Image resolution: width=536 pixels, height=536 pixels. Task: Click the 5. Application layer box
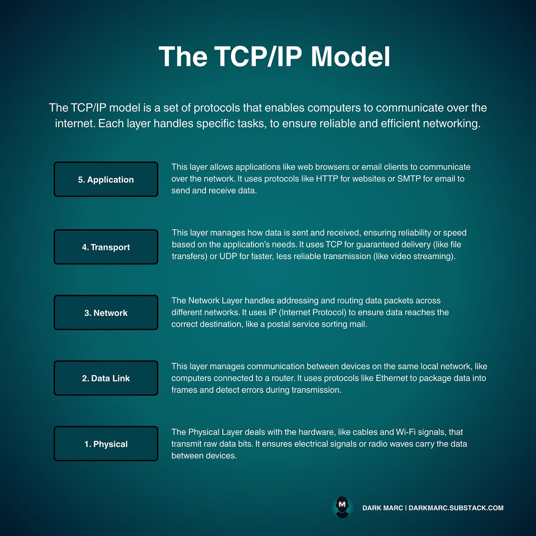(106, 179)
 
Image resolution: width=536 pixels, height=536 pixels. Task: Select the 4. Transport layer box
(106, 247)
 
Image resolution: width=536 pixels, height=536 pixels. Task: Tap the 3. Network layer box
(106, 313)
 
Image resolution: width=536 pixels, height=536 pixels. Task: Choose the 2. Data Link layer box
(106, 378)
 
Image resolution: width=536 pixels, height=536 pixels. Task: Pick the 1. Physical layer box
(106, 444)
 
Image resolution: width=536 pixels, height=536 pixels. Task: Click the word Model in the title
(350, 57)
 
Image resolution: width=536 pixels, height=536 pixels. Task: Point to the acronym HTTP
(327, 179)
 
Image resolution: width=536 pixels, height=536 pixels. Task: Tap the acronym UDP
(228, 256)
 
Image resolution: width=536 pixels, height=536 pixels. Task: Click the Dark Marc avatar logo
(342, 507)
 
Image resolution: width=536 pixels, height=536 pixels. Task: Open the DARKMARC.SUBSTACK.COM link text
(456, 508)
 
